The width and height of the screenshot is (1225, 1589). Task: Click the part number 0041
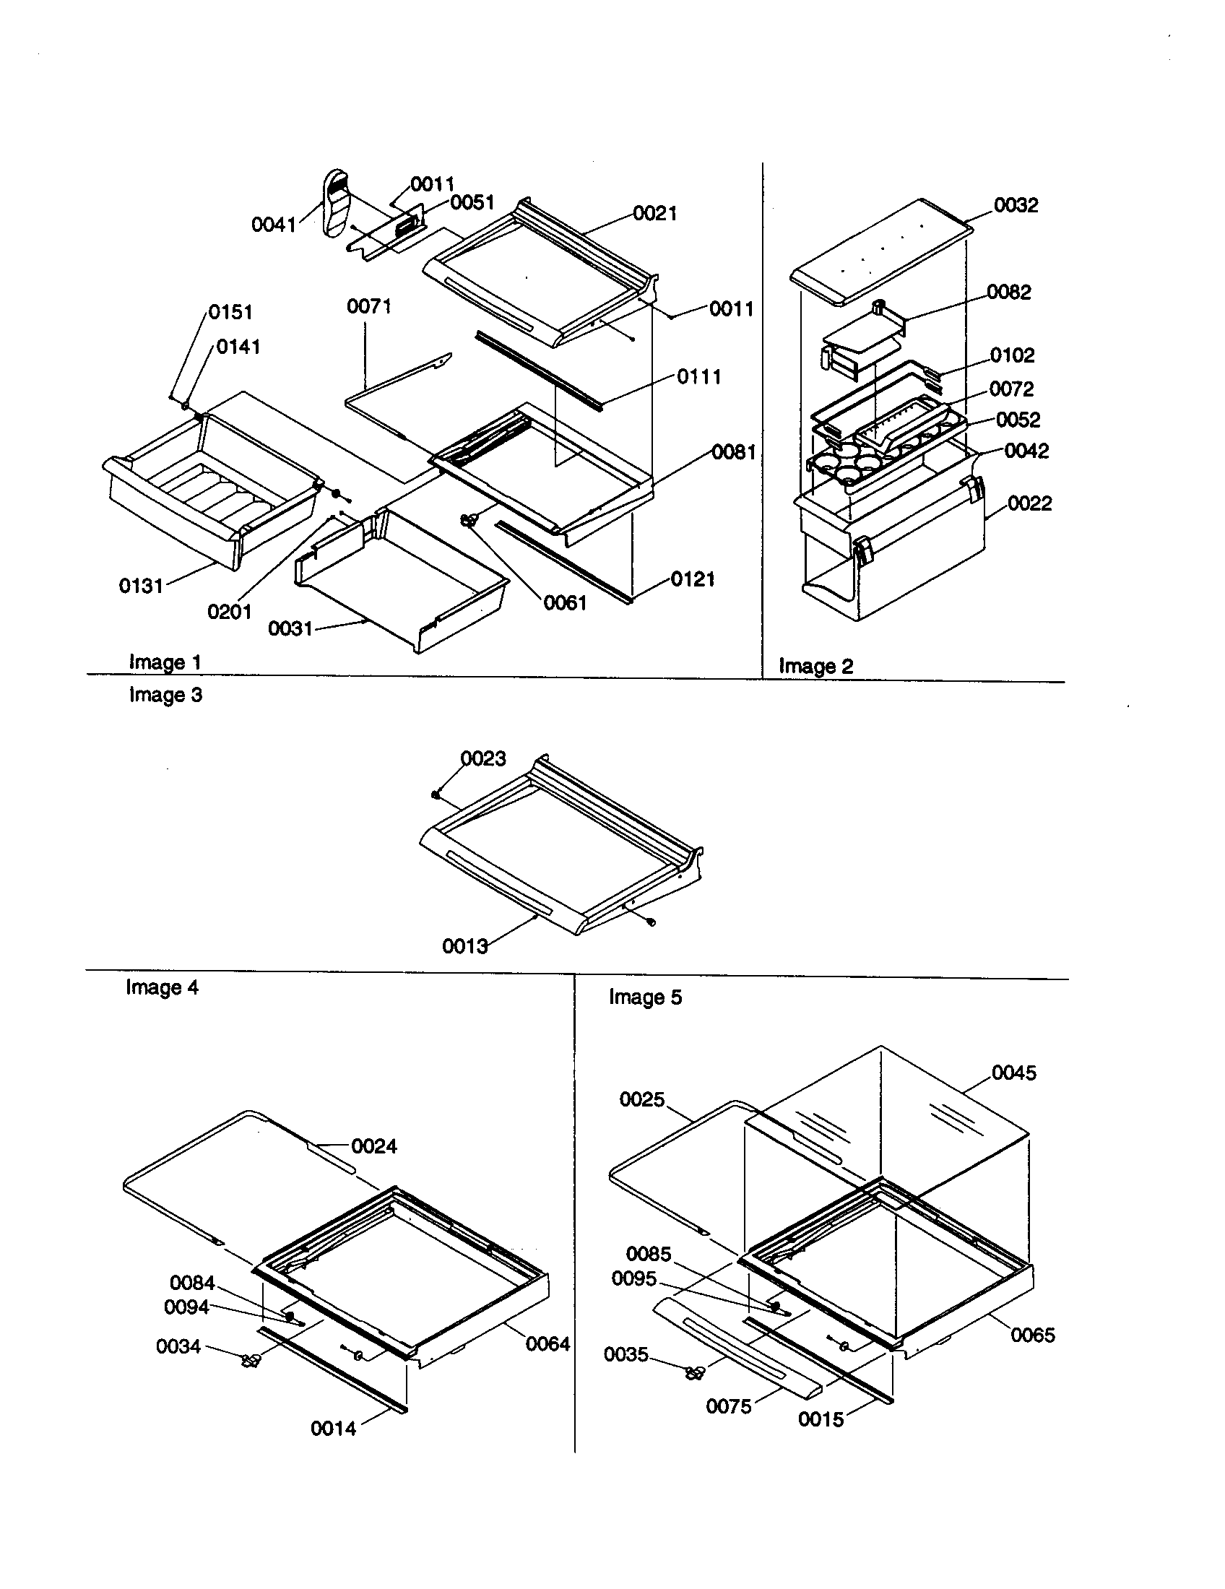274,225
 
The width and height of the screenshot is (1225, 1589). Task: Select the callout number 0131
141,586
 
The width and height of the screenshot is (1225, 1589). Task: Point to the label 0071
369,307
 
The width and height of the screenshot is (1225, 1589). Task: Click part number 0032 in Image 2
1016,205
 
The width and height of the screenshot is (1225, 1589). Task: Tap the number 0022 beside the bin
1029,503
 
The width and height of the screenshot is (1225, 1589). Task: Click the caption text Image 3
165,696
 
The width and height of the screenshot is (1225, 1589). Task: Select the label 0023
483,759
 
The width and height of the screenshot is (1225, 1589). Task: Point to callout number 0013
465,947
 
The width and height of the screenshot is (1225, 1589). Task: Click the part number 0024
374,1147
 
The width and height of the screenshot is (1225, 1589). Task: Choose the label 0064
547,1344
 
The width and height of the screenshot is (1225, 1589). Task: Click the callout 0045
1014,1073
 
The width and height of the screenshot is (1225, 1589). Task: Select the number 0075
728,1406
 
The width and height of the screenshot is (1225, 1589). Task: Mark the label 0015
821,1419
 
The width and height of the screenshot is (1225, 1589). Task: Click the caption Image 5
645,997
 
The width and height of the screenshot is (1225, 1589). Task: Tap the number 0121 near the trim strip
693,579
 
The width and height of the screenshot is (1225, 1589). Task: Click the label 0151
230,312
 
